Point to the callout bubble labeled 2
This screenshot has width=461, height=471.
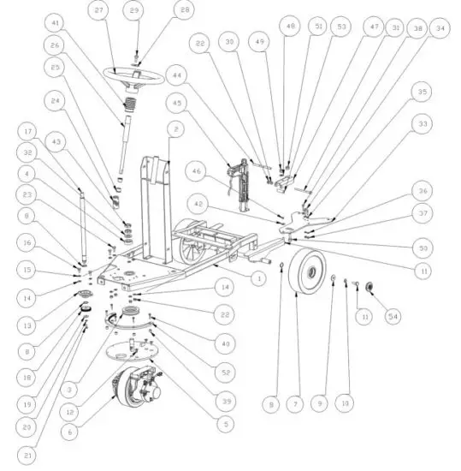click(x=174, y=129)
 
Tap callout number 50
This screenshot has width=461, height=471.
click(x=421, y=247)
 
